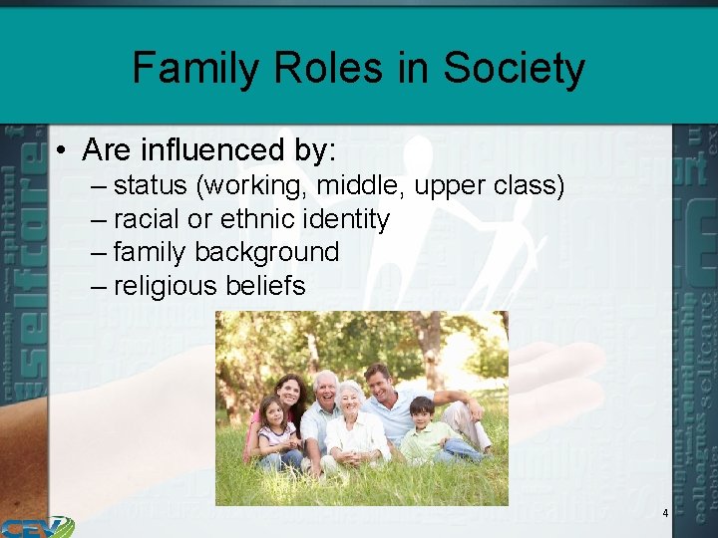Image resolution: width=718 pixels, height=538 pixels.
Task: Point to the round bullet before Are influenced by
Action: [62, 151]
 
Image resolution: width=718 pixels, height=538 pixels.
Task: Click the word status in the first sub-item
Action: [149, 186]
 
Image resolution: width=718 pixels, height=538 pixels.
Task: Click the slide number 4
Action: [665, 513]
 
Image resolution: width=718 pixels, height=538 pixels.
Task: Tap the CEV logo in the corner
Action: [36, 526]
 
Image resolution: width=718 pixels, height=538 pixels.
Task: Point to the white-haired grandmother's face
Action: [351, 399]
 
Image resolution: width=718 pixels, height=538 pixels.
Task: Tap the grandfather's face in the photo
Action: [326, 388]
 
